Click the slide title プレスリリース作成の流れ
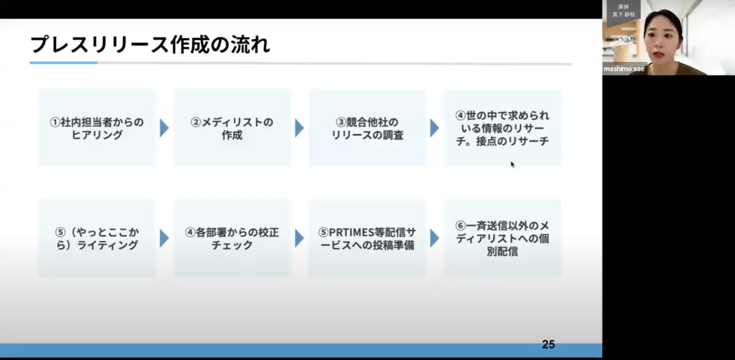coord(150,45)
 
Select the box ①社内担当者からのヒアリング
coord(97,128)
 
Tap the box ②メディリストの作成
coord(232,128)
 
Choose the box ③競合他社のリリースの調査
coord(367,128)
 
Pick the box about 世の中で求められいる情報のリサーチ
coord(502,128)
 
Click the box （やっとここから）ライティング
coord(97,238)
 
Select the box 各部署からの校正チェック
coord(232,238)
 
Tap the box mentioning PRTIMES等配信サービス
coord(367,238)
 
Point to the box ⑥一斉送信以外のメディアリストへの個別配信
coord(502,238)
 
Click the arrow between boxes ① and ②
coord(164,128)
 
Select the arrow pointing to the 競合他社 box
coord(299,128)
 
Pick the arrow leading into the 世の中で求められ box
coord(435,128)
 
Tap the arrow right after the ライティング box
coord(164,238)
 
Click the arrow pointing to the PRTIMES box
coord(299,238)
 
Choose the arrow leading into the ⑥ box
coord(435,238)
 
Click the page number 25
coord(548,344)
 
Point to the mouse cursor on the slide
coord(512,164)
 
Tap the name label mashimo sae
coord(624,69)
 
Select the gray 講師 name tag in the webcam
coord(623,11)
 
